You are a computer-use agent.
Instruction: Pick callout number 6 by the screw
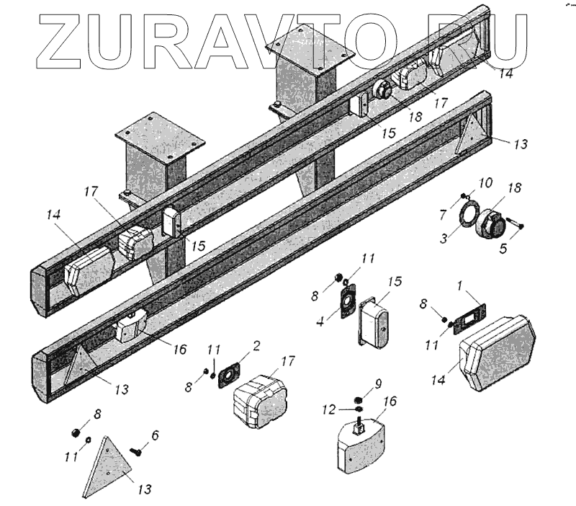[x=156, y=435]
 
